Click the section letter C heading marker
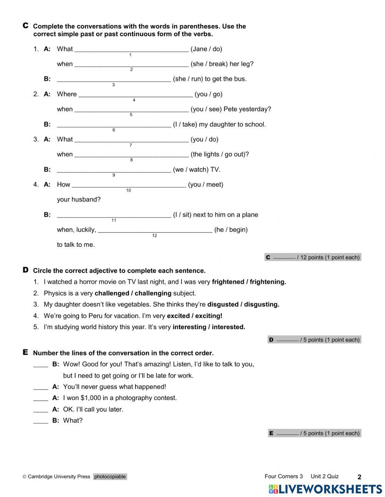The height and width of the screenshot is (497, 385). point(25,26)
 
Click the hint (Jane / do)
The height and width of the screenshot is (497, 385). point(206,49)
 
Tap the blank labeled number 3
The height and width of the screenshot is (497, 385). point(114,79)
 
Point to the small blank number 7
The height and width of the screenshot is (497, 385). point(131,145)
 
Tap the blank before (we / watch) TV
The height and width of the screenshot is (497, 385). point(114,170)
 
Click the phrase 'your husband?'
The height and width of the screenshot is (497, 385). point(79,199)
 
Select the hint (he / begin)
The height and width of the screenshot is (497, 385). point(231,230)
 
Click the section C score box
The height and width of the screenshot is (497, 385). point(313,258)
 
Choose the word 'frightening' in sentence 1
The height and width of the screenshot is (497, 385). point(268,282)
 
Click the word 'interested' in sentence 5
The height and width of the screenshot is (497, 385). point(228,327)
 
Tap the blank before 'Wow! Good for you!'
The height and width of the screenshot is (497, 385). point(40,365)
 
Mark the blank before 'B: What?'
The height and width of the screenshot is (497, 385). point(40,421)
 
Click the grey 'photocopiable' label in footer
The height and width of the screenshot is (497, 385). point(110,477)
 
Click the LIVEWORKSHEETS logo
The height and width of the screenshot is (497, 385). point(325,489)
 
